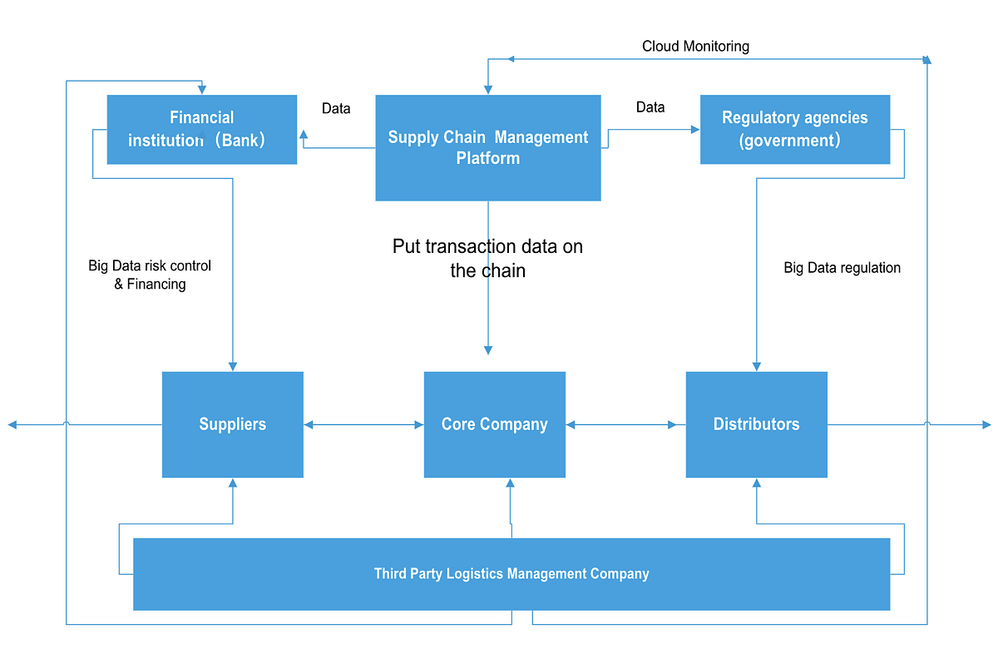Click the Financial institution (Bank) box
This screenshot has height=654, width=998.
pyautogui.click(x=201, y=129)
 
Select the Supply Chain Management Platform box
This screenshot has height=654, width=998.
pyautogui.click(x=487, y=147)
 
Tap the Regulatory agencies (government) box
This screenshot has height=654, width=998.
pyautogui.click(x=794, y=129)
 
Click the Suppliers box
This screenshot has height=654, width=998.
pyautogui.click(x=232, y=424)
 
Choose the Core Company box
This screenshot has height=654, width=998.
pyautogui.click(x=494, y=424)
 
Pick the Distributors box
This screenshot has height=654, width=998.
pyautogui.click(x=756, y=424)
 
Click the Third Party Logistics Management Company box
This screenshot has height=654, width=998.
pyautogui.click(x=511, y=574)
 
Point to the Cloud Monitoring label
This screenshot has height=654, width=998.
pyautogui.click(x=695, y=47)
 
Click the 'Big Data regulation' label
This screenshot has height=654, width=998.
pyautogui.click(x=842, y=268)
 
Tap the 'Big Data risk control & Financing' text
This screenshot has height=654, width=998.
pyautogui.click(x=150, y=275)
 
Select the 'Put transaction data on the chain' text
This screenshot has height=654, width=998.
pyautogui.click(x=487, y=258)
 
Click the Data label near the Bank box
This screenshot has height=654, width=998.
pyautogui.click(x=336, y=108)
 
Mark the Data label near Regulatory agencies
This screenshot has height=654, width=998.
pyautogui.click(x=650, y=107)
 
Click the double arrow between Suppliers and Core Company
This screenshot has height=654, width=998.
pyautogui.click(x=363, y=424)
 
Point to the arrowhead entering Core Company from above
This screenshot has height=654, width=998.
pyautogui.click(x=488, y=349)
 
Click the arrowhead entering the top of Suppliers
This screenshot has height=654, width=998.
pyautogui.click(x=233, y=365)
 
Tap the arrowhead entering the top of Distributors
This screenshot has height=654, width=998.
pyautogui.click(x=756, y=365)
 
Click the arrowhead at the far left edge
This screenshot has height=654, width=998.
pyautogui.click(x=12, y=424)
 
